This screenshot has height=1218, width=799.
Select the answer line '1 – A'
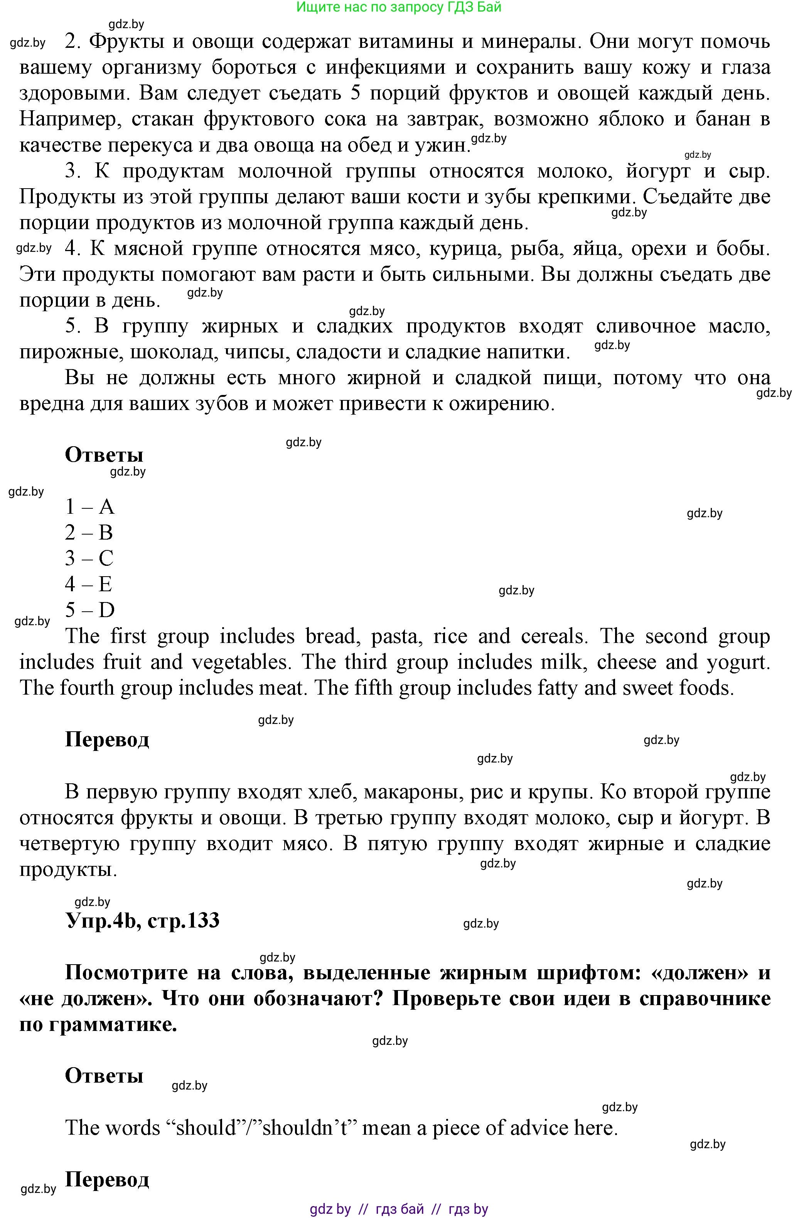pyautogui.click(x=89, y=507)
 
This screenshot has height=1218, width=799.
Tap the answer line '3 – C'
pyautogui.click(x=89, y=558)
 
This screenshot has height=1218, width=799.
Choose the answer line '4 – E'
pyautogui.click(x=88, y=584)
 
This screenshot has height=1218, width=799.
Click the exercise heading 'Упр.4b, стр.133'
pyautogui.click(x=142, y=920)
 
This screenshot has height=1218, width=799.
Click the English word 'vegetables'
pyautogui.click(x=241, y=662)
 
